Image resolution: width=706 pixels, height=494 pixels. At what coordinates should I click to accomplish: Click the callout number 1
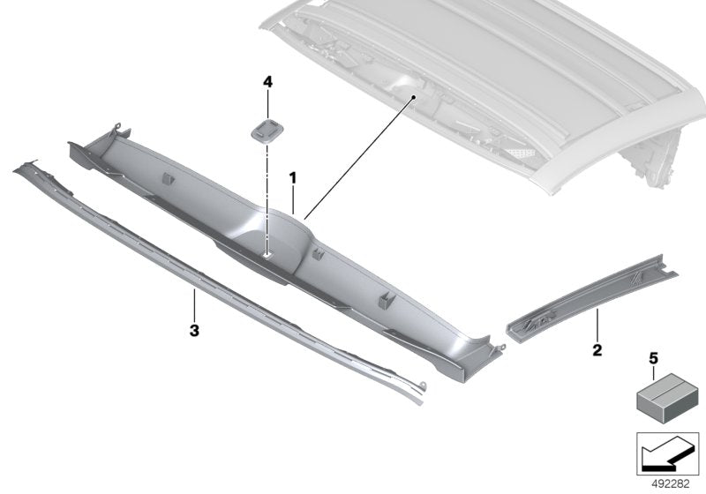point(292,179)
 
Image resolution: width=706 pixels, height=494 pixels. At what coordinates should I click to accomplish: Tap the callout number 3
point(193,331)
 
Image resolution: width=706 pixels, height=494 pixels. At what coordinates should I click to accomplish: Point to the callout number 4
point(267,82)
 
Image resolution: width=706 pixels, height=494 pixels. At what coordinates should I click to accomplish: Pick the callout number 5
point(654,359)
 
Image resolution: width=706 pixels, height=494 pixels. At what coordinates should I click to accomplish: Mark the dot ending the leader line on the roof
point(411,101)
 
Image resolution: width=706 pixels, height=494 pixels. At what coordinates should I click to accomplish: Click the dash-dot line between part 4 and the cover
point(266,194)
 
